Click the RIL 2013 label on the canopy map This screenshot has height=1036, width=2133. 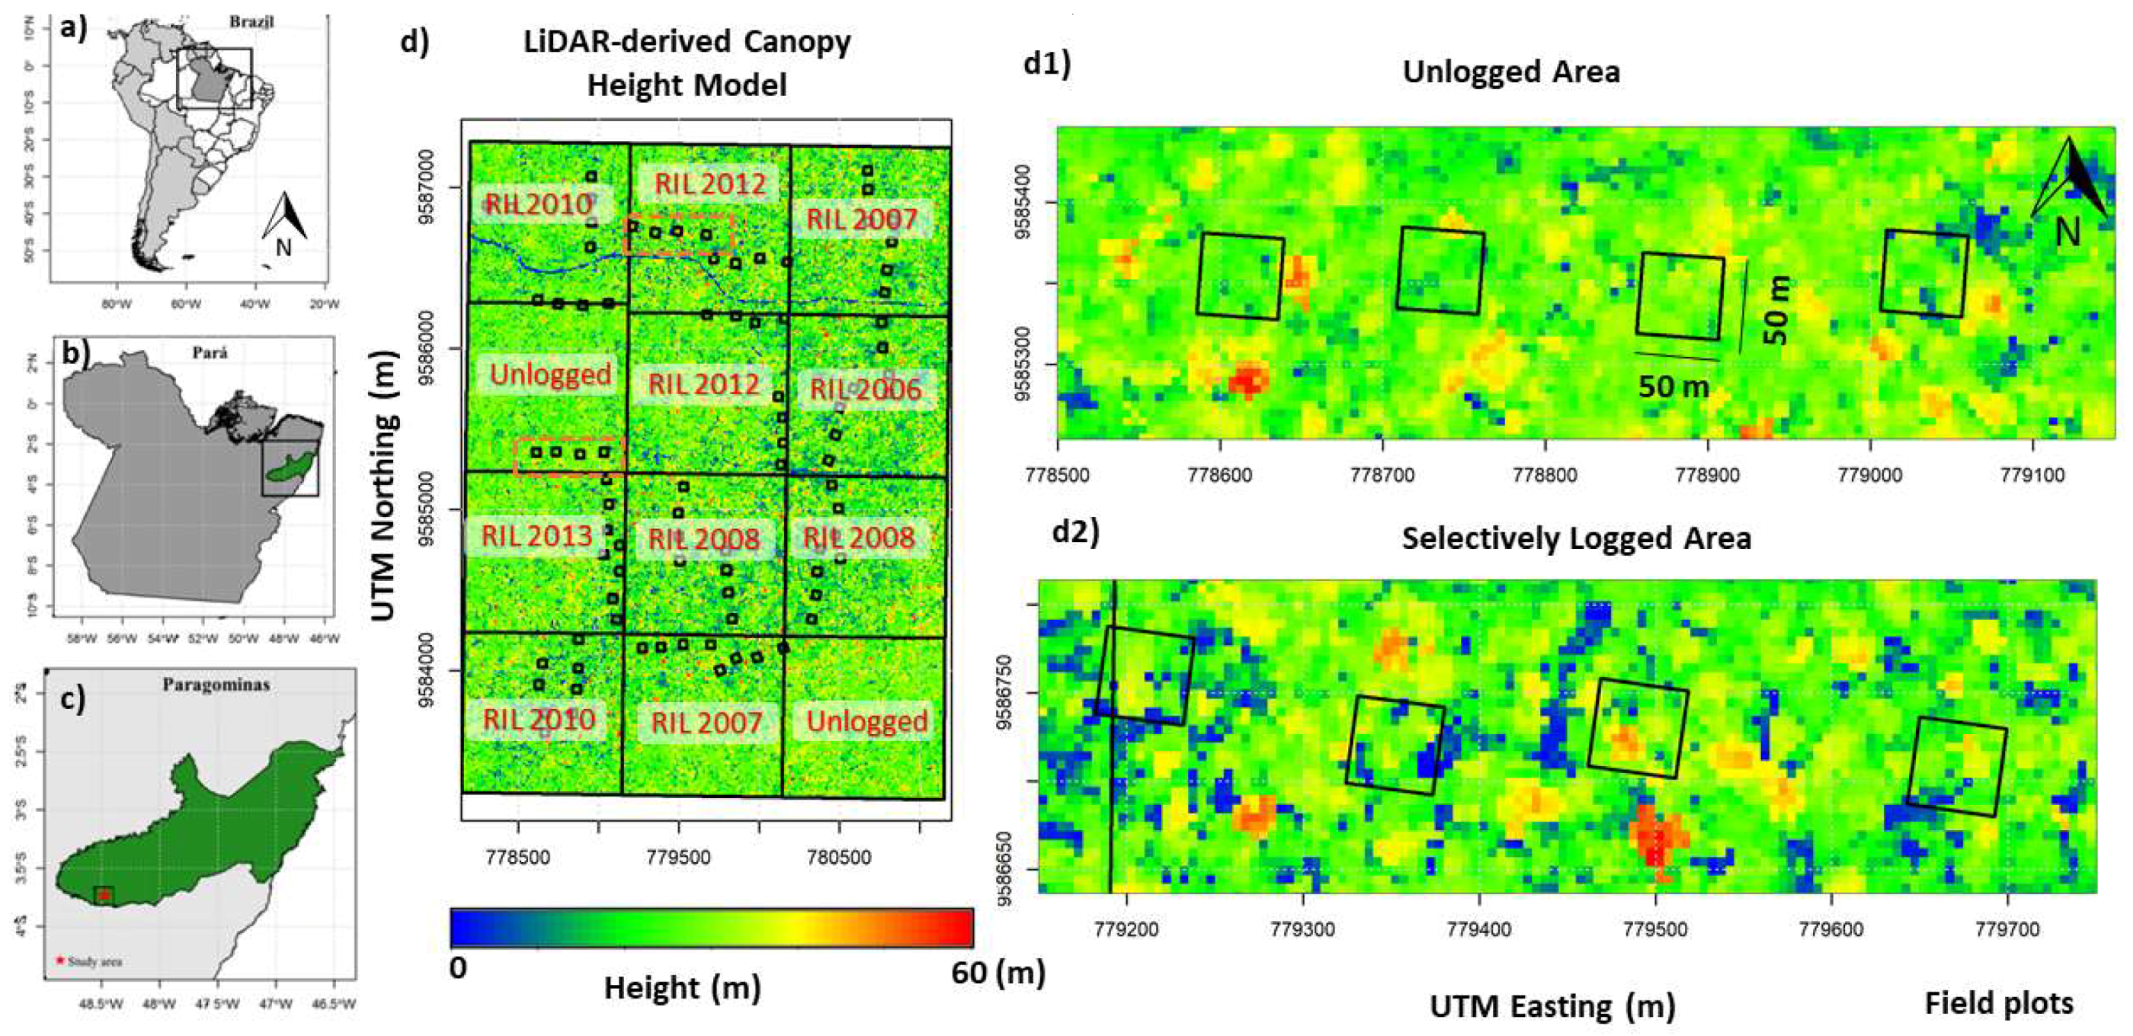[x=536, y=536]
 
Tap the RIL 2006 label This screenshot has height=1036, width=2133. [x=864, y=390]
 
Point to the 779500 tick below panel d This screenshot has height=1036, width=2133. [x=679, y=857]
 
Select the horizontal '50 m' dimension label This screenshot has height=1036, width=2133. [x=1673, y=386]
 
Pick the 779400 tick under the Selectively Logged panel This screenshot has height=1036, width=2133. [x=1479, y=929]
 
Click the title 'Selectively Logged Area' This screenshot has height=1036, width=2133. [x=1576, y=538]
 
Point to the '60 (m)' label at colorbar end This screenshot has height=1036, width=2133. [x=997, y=972]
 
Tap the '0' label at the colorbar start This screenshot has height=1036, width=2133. [x=458, y=967]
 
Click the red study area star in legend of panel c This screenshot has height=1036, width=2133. [x=59, y=961]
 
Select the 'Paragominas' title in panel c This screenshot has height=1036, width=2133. [x=216, y=685]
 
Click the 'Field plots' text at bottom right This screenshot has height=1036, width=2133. [x=1998, y=1003]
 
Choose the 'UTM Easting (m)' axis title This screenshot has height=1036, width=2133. [x=1552, y=1006]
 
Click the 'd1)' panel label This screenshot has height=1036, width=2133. [x=1046, y=63]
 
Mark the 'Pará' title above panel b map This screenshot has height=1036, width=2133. [x=210, y=353]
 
